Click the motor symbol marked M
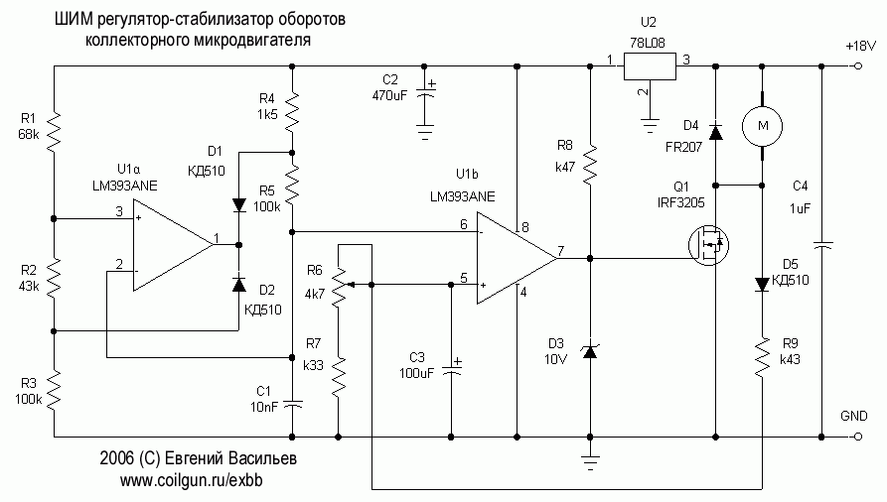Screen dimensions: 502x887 tap(762, 124)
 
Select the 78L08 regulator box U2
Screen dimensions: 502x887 tap(650, 66)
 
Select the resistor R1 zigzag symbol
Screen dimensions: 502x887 tap(55, 127)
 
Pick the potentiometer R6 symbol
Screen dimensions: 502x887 tap(339, 283)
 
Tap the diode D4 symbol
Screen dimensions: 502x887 tap(715, 129)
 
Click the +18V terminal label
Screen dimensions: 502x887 tap(859, 46)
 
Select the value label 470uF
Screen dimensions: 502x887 tap(390, 96)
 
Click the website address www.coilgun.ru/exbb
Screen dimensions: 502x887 tap(197, 480)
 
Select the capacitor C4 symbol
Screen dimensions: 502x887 tap(821, 242)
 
